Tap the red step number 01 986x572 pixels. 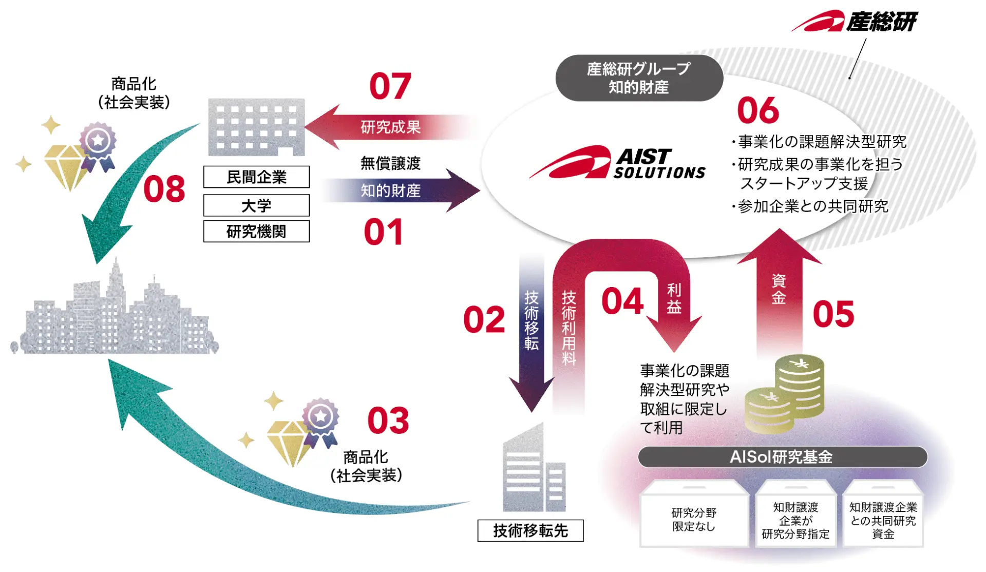coord(383,232)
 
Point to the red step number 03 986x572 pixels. coord(388,421)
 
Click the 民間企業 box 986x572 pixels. coord(256,177)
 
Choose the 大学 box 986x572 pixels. coord(256,205)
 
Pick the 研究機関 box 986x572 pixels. coord(256,232)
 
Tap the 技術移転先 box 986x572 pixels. coord(530,530)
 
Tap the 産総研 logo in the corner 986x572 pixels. coord(855,22)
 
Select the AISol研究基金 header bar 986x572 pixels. coord(782,456)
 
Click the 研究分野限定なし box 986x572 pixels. coord(694,519)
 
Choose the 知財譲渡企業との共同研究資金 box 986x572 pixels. coord(883,520)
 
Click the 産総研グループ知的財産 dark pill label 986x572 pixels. coord(639,78)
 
